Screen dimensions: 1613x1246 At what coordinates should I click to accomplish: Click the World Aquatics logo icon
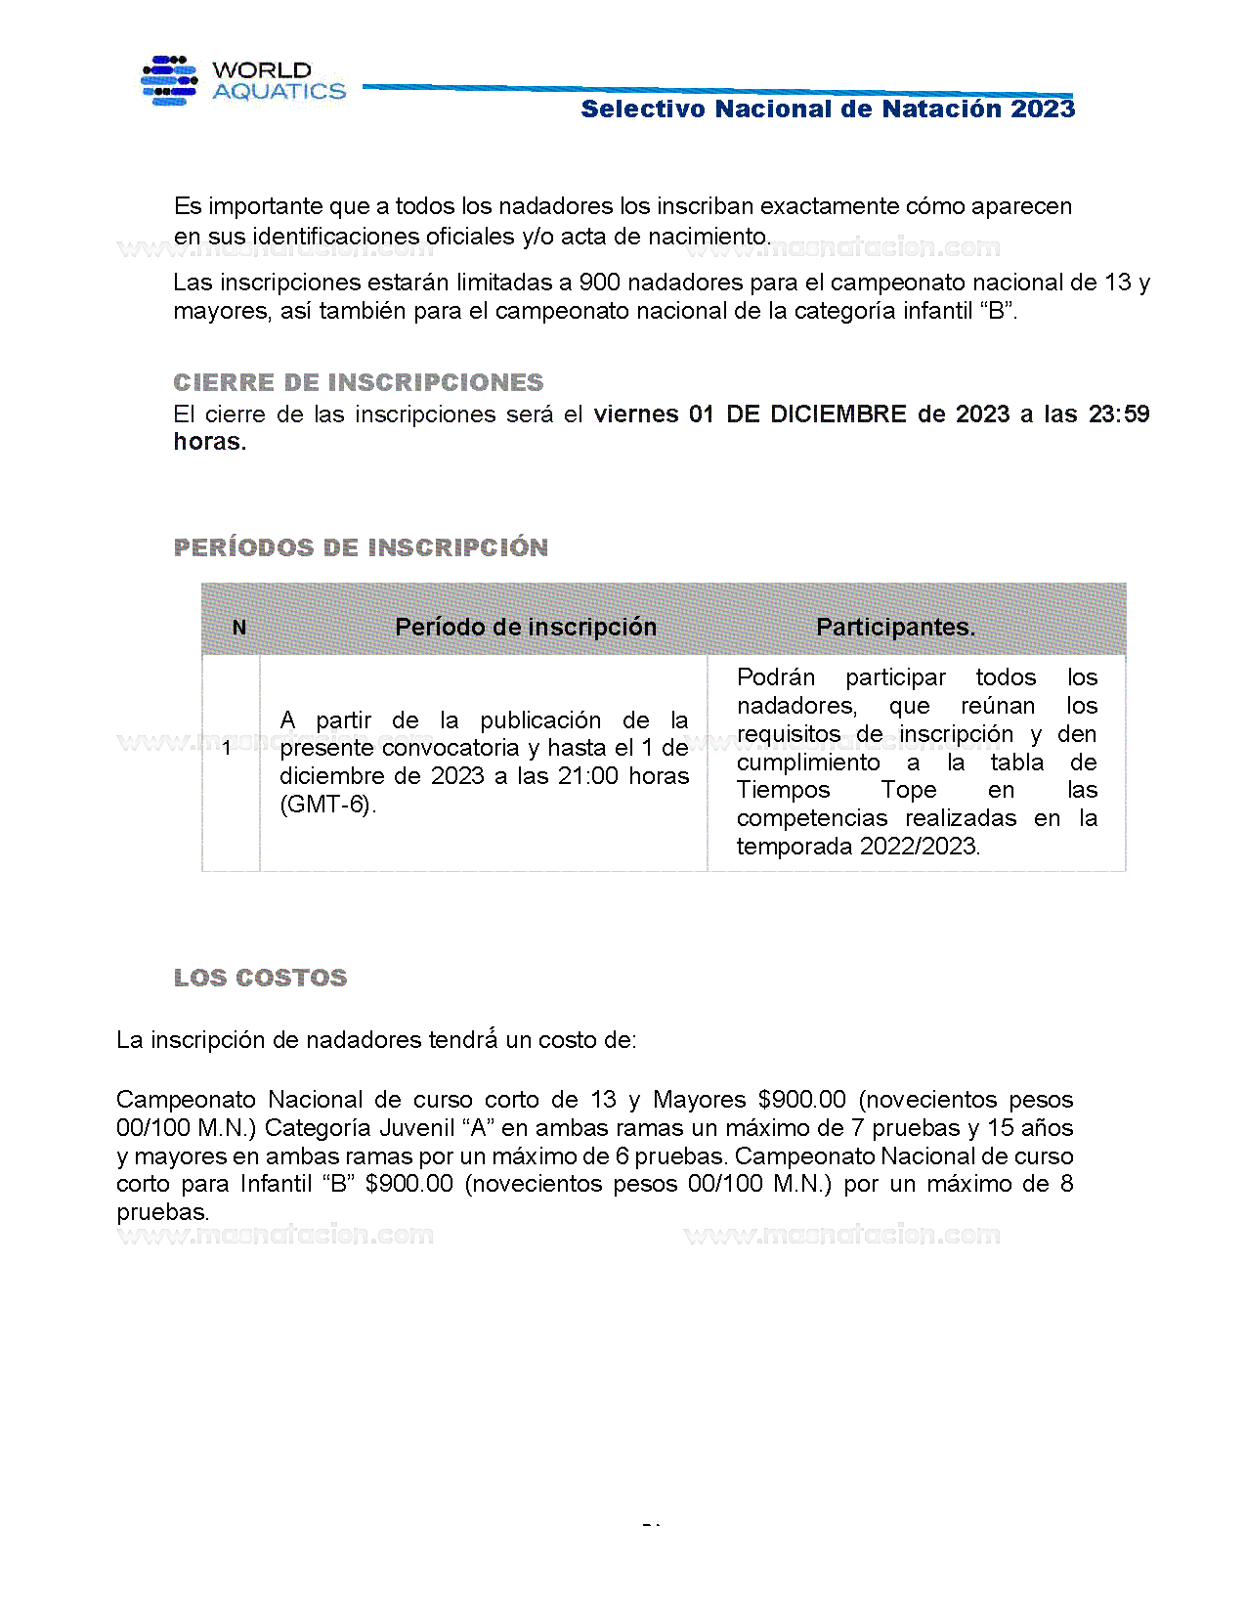169,80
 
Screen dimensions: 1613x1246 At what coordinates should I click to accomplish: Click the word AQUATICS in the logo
279,92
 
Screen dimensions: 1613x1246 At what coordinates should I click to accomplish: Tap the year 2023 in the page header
1043,109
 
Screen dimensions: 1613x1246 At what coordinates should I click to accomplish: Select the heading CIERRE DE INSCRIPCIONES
358,382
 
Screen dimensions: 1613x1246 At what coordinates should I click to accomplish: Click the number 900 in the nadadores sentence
599,283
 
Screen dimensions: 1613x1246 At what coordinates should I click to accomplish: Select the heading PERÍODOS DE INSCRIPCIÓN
361,547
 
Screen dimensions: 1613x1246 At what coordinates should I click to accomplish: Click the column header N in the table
239,628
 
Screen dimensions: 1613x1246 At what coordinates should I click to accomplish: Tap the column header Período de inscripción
526,628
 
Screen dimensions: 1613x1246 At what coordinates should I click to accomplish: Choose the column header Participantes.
895,628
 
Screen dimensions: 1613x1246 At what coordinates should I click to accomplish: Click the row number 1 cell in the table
227,749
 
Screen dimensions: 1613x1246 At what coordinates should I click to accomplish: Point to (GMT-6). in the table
327,805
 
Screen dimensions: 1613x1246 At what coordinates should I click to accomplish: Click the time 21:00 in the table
589,776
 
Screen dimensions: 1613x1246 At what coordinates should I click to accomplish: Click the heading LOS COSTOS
260,978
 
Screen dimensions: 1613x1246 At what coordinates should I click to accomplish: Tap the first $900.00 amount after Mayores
801,1100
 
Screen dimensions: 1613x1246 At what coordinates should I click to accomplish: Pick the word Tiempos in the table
783,790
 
